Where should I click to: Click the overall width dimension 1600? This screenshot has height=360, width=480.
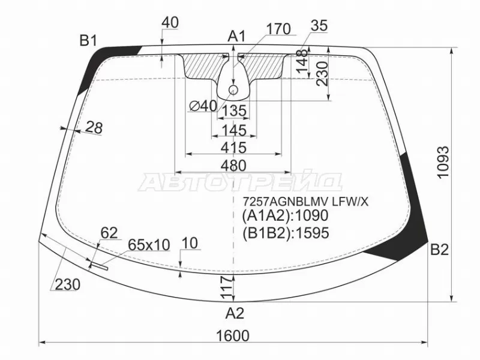(233, 336)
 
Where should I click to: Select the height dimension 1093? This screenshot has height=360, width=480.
(443, 161)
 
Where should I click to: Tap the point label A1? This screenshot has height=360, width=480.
(236, 37)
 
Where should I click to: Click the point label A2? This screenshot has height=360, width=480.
(235, 313)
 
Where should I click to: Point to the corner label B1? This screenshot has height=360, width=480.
(88, 40)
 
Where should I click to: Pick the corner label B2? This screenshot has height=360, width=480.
(440, 250)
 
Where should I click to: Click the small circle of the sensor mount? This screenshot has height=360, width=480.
(233, 90)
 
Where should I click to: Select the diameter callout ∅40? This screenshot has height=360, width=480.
(203, 106)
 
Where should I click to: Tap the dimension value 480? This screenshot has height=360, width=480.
(233, 166)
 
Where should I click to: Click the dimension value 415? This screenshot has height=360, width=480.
(233, 148)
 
